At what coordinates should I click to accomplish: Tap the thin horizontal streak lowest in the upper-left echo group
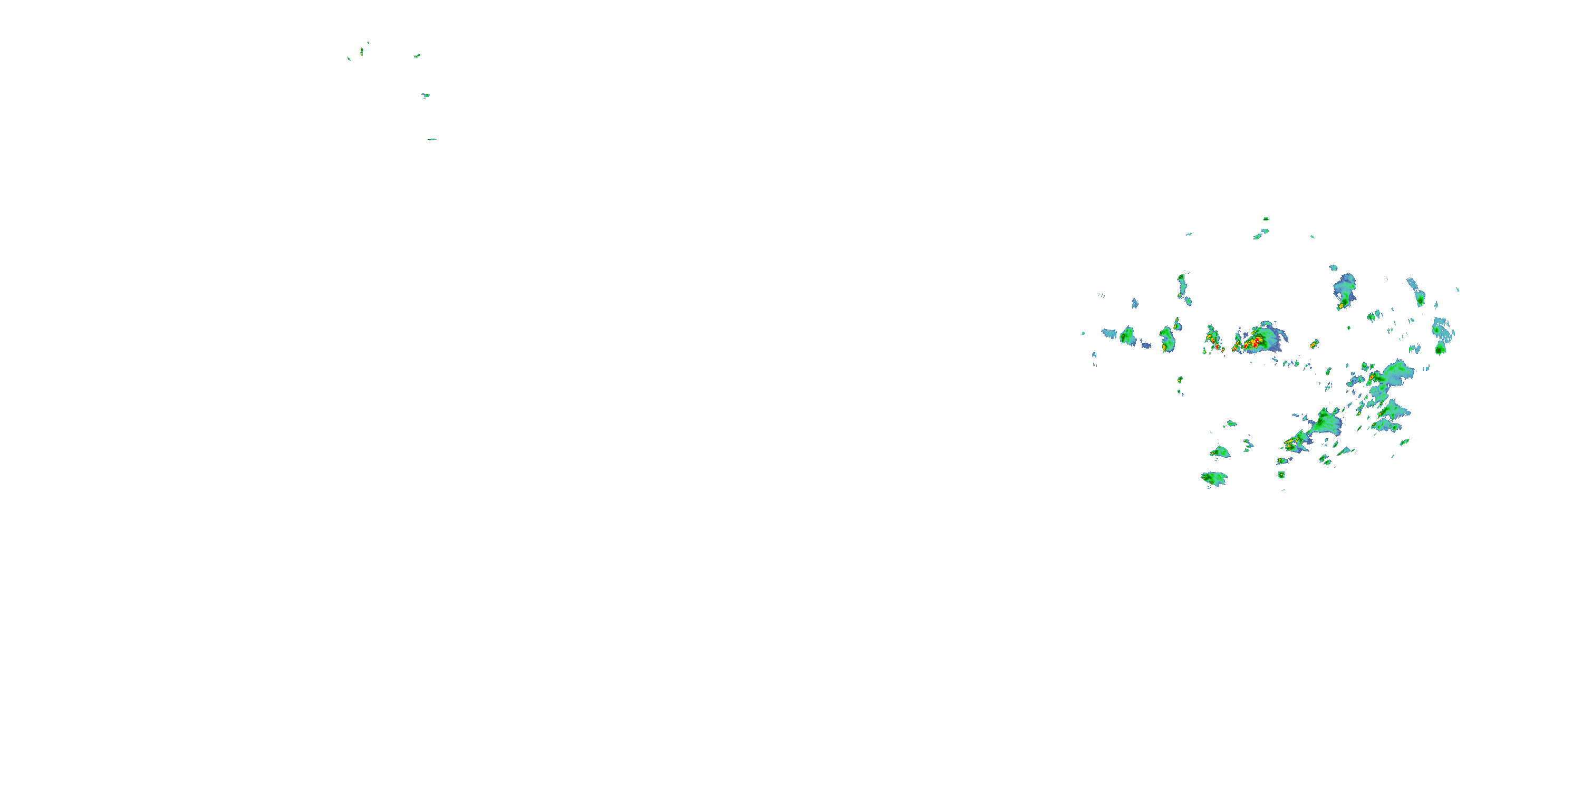pyautogui.click(x=432, y=139)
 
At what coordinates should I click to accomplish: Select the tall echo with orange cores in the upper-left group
pyautogui.click(x=362, y=52)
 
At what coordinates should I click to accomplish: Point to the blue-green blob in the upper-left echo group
pyautogui.click(x=426, y=95)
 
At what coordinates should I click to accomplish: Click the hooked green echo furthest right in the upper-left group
pyautogui.click(x=417, y=56)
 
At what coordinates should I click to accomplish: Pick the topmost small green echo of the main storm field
pyautogui.click(x=1266, y=219)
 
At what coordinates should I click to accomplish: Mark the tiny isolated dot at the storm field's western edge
pyautogui.click(x=1083, y=333)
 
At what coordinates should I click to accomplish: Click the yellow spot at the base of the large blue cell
pyautogui.click(x=1340, y=305)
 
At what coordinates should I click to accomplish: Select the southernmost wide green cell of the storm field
pyautogui.click(x=1214, y=478)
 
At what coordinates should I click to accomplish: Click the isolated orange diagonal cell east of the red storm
pyautogui.click(x=1314, y=344)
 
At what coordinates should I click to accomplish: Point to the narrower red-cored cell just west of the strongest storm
pyautogui.click(x=1213, y=341)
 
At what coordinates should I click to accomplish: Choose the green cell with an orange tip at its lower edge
pyautogui.click(x=1167, y=340)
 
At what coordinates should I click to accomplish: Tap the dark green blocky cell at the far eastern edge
pyautogui.click(x=1440, y=349)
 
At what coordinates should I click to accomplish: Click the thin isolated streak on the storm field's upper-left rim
pyautogui.click(x=1189, y=234)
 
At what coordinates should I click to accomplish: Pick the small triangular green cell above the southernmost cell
pyautogui.click(x=1220, y=452)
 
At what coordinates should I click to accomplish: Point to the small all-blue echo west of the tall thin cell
pyautogui.click(x=1135, y=303)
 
